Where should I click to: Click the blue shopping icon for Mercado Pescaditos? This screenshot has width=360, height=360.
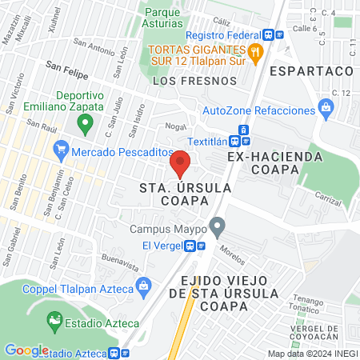pyautogui.click(x=60, y=150)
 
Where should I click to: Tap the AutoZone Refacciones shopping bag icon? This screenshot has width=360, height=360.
pyautogui.click(x=325, y=107)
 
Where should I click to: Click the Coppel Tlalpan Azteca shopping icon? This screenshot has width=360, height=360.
pyautogui.click(x=144, y=286)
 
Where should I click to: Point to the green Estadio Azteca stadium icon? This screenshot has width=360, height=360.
pyautogui.click(x=54, y=322)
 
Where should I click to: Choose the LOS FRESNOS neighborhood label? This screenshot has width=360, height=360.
pyautogui.click(x=194, y=81)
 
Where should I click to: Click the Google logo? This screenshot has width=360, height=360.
pyautogui.click(x=26, y=350)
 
